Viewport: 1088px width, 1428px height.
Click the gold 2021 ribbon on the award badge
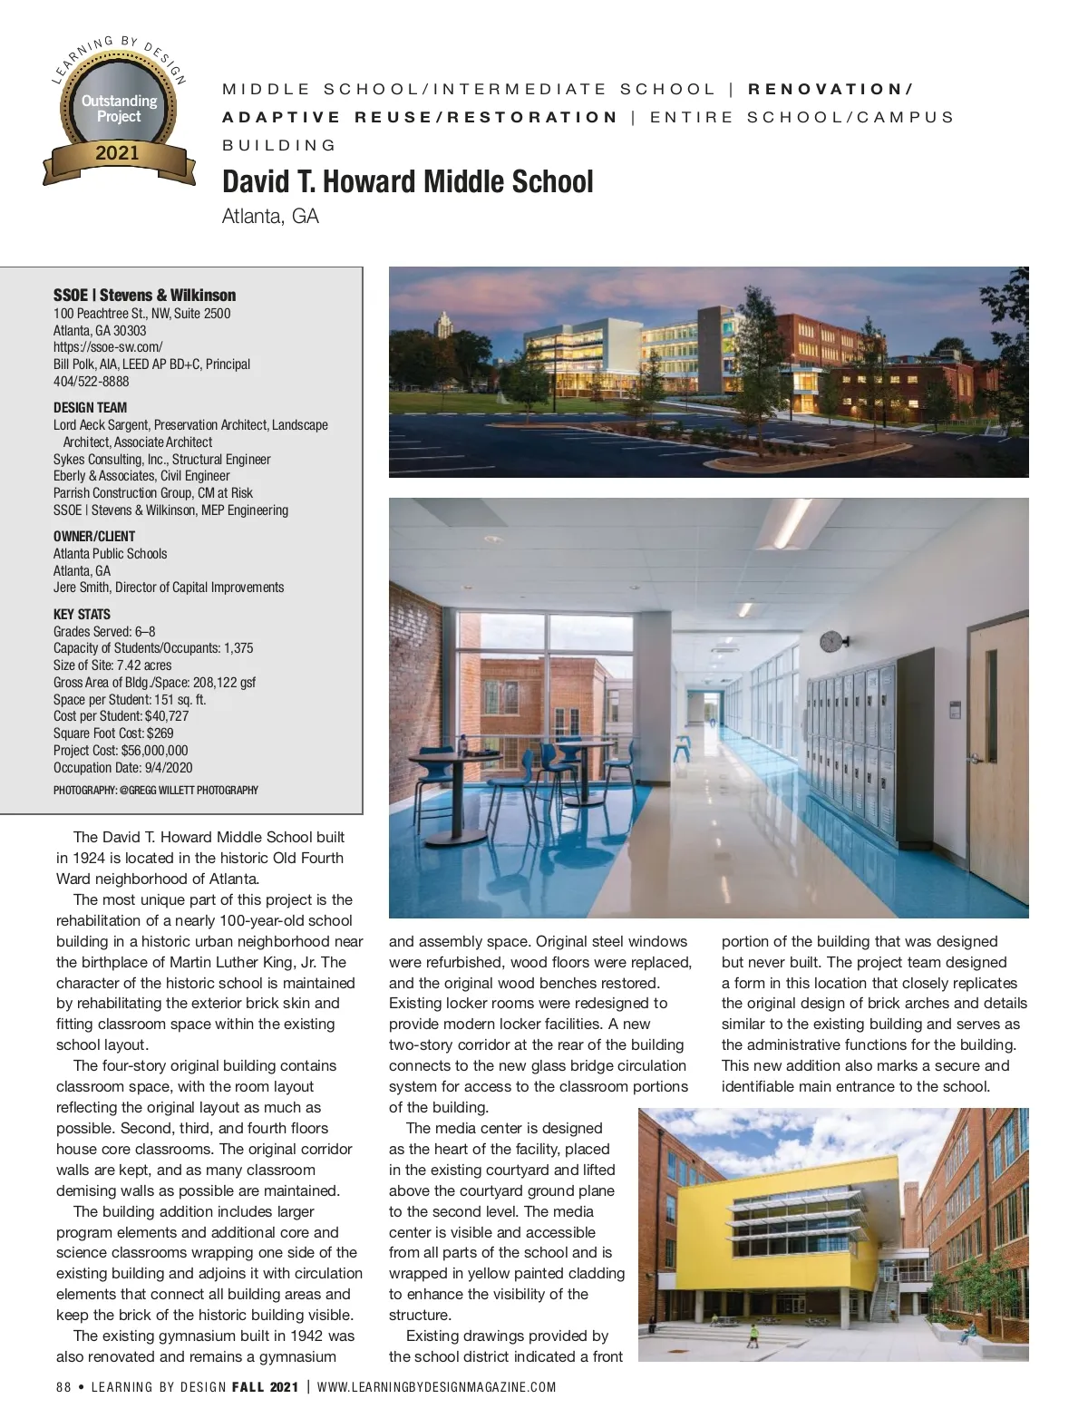[x=118, y=153]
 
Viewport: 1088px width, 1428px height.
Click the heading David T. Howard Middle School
[x=408, y=181]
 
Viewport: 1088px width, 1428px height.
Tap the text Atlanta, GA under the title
[x=270, y=217]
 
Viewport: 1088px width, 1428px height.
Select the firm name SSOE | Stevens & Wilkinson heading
[x=144, y=295]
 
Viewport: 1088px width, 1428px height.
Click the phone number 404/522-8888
[x=91, y=382]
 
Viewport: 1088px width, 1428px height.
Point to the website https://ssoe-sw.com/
[x=108, y=347]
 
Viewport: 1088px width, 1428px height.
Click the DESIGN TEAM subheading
[x=90, y=407]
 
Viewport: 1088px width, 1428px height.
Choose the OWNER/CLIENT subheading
[x=94, y=536]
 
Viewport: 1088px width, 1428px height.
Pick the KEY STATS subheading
[x=82, y=614]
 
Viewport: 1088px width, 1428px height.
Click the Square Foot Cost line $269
[x=113, y=733]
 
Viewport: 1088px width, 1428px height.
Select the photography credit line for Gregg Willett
[x=156, y=790]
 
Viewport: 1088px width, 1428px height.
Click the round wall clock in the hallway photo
[x=830, y=642]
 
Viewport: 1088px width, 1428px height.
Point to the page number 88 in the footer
[x=63, y=1386]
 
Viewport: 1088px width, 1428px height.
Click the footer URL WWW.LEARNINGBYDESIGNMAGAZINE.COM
[x=436, y=1386]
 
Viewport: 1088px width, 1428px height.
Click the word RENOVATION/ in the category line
[x=830, y=89]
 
